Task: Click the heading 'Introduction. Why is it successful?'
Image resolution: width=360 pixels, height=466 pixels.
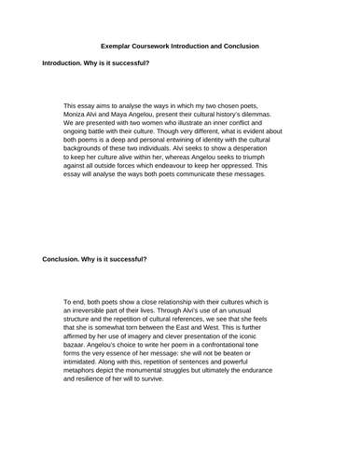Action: [x=95, y=62]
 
